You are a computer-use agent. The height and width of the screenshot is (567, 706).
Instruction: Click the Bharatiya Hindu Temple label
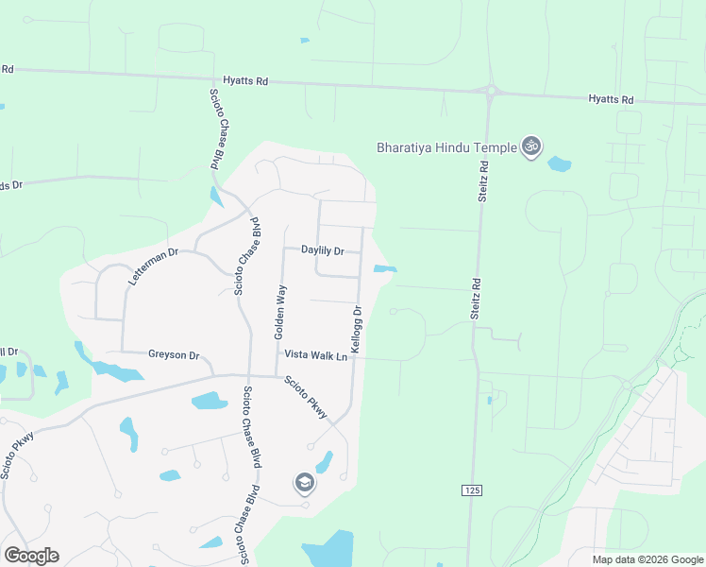tap(445, 147)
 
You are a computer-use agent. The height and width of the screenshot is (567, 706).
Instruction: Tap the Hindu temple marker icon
tap(532, 146)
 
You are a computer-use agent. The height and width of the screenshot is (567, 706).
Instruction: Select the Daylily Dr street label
tap(323, 250)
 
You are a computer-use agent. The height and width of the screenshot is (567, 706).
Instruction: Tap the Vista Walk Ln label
tap(316, 355)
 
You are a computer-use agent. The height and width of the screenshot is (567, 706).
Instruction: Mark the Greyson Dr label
tap(174, 355)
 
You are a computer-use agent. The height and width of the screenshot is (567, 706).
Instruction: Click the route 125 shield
tap(473, 490)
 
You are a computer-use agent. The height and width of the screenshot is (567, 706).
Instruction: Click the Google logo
tap(31, 556)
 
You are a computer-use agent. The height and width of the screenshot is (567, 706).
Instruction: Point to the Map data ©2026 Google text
tap(647, 558)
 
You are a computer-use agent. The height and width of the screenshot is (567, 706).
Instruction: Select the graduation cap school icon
tap(304, 484)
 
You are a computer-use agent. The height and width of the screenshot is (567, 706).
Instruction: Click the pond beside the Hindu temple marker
tap(560, 163)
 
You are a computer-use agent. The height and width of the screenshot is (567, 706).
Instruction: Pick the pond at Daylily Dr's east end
tap(384, 270)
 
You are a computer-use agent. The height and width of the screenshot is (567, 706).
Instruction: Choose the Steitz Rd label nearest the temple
tap(482, 180)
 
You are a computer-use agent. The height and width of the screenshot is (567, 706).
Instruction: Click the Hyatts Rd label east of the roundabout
tap(611, 99)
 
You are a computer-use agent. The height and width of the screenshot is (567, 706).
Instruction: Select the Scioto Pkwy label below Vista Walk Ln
tap(307, 398)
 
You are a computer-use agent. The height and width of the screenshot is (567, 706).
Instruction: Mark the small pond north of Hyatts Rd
tap(304, 41)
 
